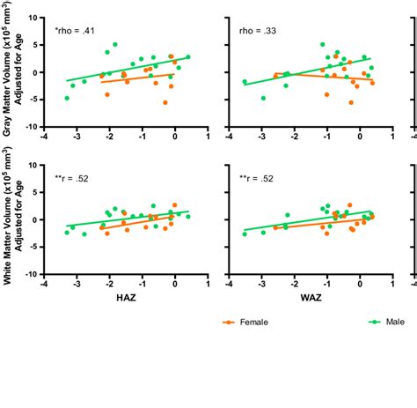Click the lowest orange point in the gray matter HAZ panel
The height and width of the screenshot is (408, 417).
[x=165, y=102]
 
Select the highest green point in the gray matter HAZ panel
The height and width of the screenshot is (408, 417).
[x=114, y=44]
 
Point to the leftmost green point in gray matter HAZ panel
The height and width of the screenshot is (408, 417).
[x=67, y=98]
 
